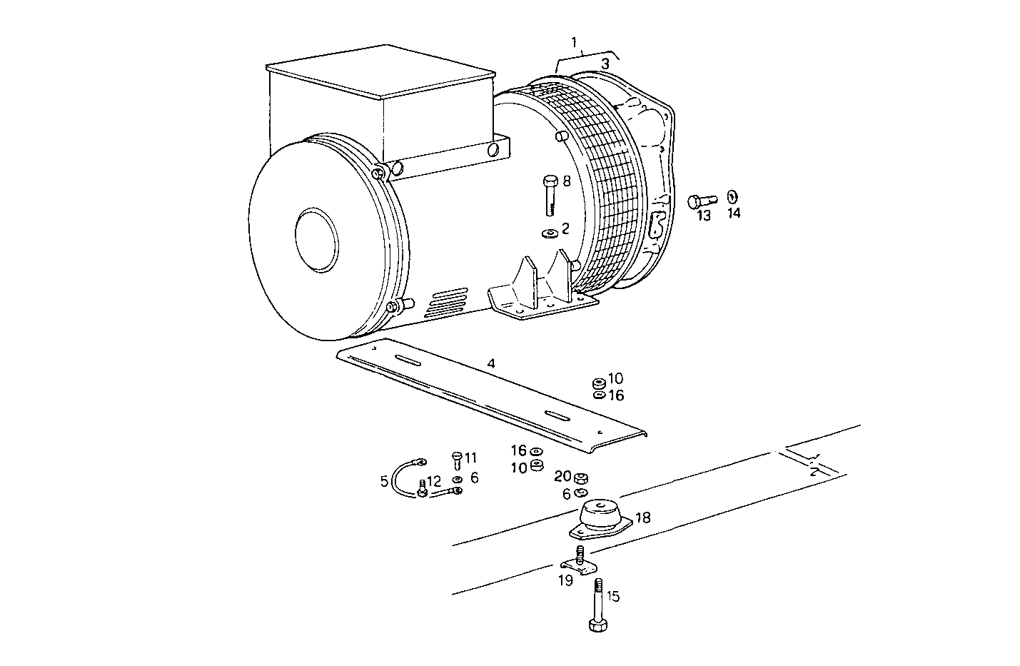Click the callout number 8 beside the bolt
(567, 182)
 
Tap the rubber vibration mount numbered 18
(599, 518)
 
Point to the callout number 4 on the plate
(491, 363)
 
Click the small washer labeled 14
(732, 197)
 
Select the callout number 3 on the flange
(605, 64)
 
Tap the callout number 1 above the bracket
(575, 43)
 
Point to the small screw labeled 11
(457, 459)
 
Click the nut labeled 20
(581, 478)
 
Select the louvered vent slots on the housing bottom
(448, 303)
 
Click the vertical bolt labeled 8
(550, 195)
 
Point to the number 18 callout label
(643, 518)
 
